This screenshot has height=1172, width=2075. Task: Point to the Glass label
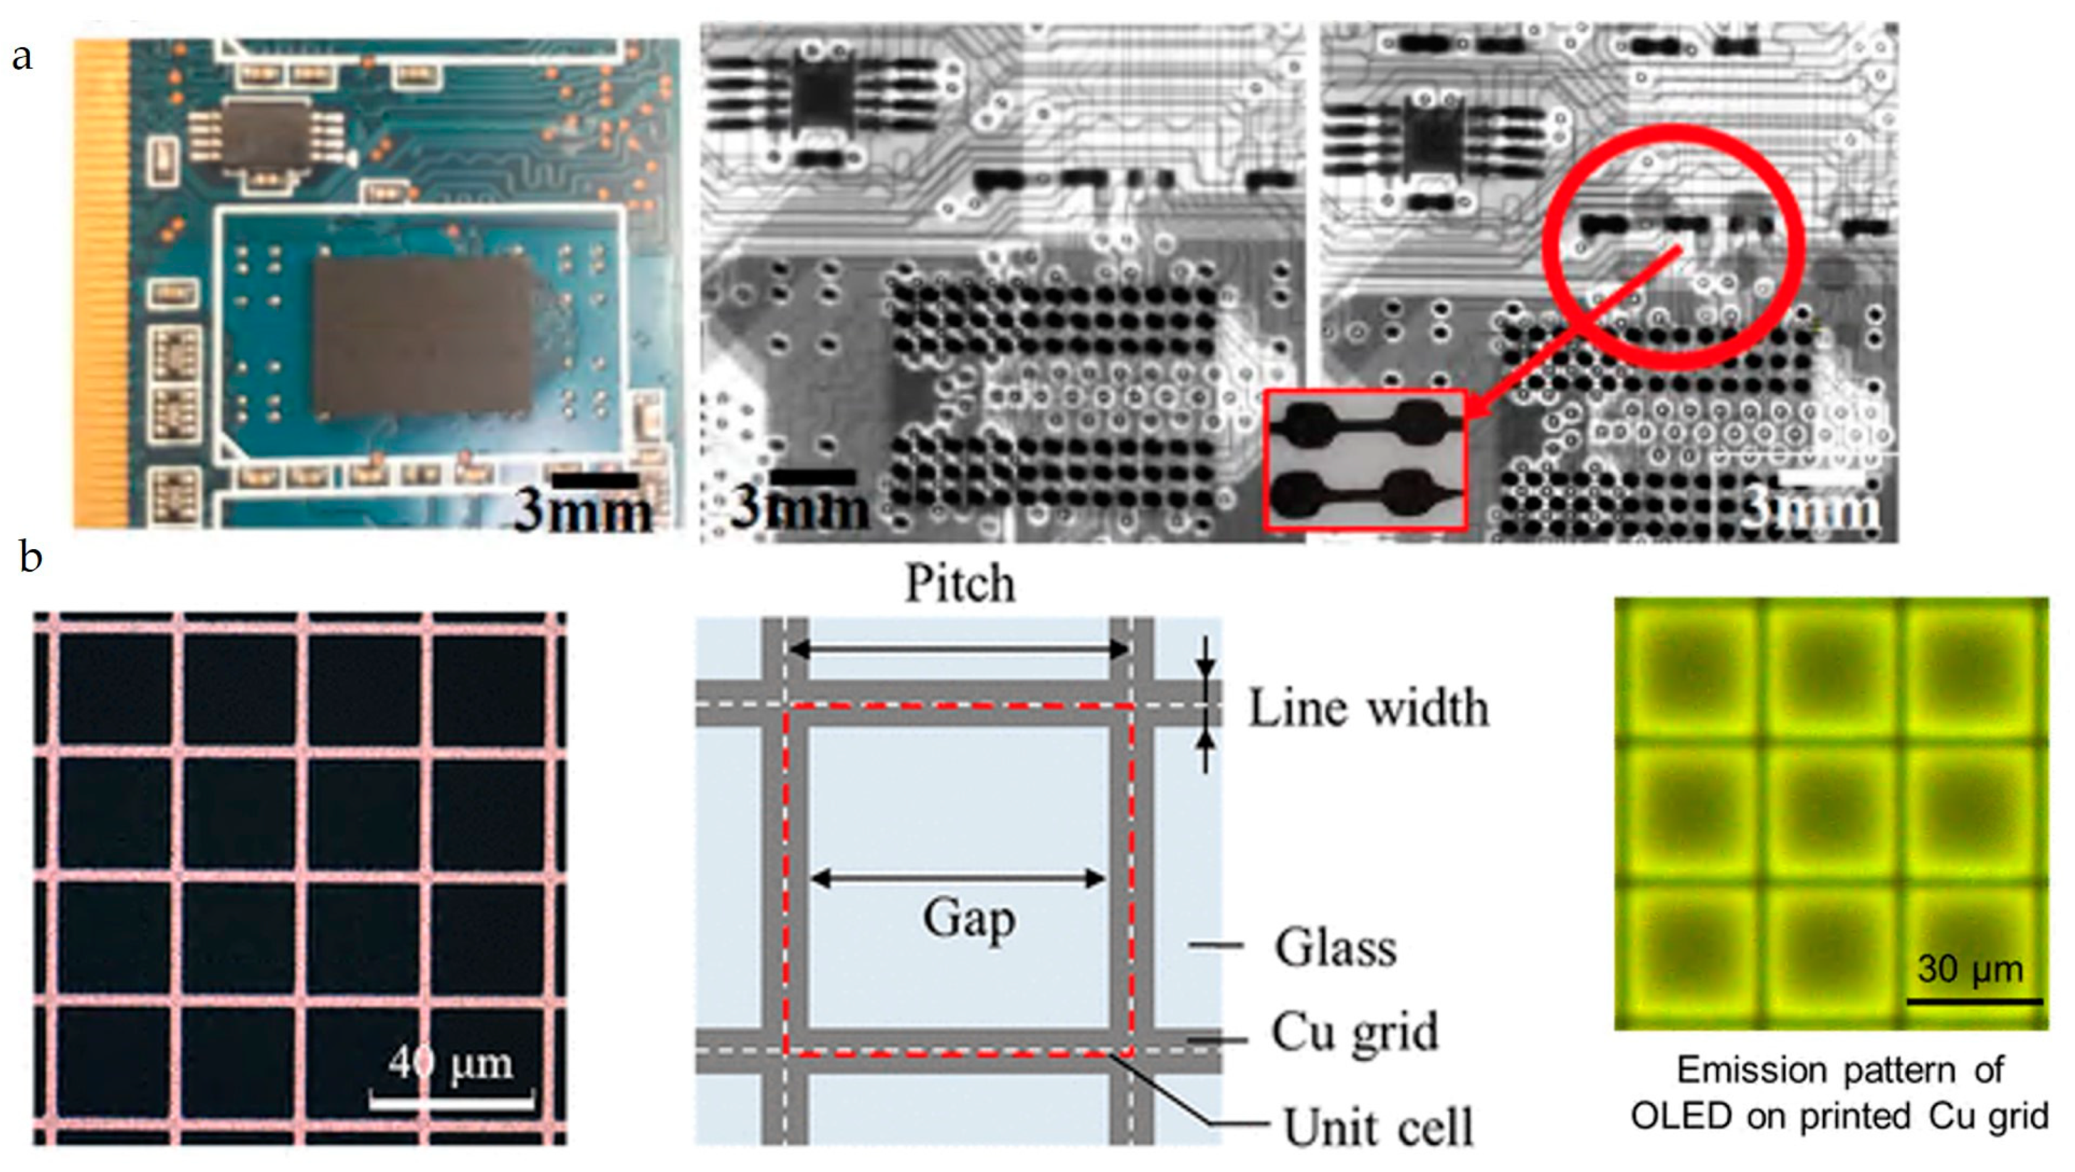[x=1336, y=948]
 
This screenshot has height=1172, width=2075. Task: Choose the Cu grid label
[x=1355, y=1032]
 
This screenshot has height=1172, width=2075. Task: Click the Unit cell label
[x=1378, y=1127]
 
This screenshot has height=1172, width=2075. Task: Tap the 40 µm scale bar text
[x=450, y=1063]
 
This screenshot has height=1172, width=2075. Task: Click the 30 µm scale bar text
[x=1970, y=969]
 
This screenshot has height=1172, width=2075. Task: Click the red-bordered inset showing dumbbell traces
[x=1365, y=461]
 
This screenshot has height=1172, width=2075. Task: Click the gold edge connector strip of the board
[x=101, y=282]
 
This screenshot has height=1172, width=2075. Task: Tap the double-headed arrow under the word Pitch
[x=959, y=649]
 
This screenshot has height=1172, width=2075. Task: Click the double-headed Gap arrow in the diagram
[x=958, y=878]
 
